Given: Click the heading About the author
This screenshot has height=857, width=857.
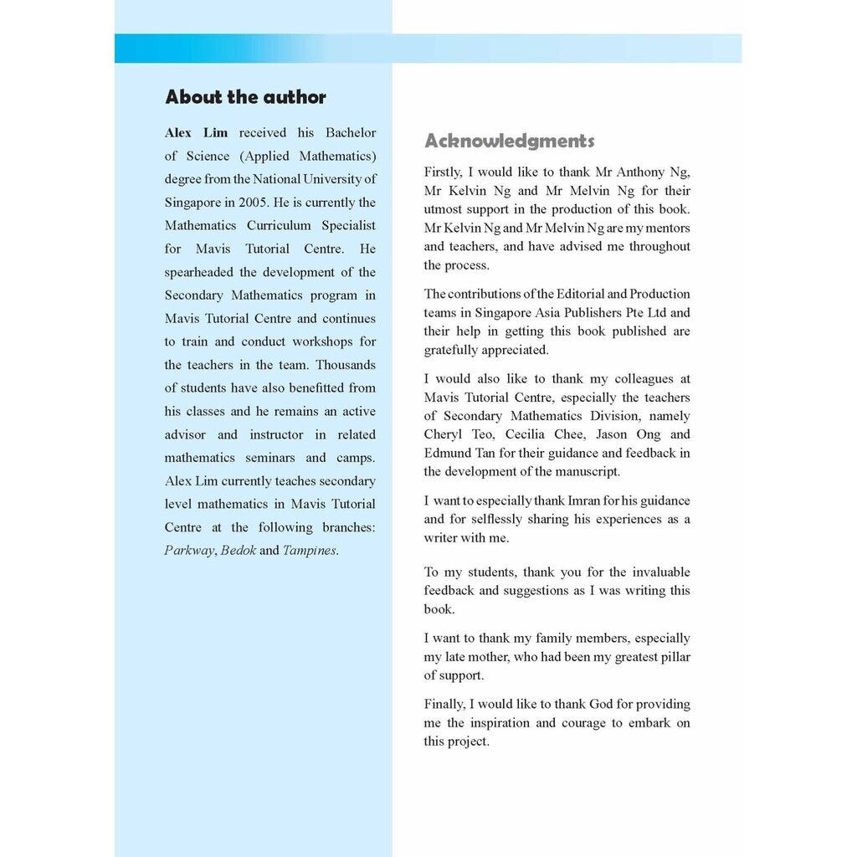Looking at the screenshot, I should coord(245,97).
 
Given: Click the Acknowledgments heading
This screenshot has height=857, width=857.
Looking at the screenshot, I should coord(509,141).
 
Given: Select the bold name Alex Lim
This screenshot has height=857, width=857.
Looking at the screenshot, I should coord(196,132).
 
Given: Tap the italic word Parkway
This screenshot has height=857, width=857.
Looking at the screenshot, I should coord(189,551).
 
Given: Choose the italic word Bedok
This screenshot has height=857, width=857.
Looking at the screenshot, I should coord(238,551).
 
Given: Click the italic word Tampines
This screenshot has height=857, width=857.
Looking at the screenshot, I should coord(310,551).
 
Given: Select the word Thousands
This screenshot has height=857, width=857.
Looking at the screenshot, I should coord(346,365).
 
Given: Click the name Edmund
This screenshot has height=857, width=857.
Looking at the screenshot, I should coord(444,453).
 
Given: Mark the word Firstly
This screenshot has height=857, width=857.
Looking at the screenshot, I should coord(443,172).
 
